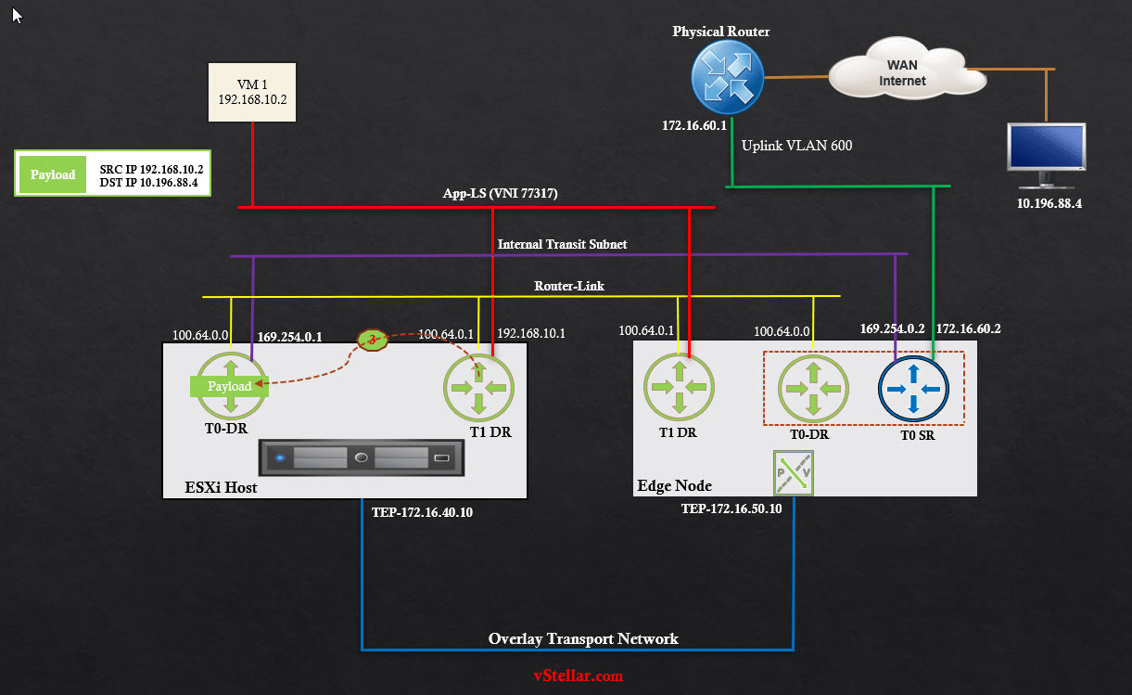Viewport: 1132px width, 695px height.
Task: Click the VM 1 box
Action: click(252, 92)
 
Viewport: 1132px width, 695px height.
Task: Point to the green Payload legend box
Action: click(53, 174)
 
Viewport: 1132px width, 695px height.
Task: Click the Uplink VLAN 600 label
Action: click(796, 145)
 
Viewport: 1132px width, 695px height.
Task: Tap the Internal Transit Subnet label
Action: click(562, 244)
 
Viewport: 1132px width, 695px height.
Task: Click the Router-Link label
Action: click(568, 286)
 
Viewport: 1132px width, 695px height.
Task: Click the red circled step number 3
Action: click(374, 341)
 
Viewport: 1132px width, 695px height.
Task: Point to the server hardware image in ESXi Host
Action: click(362, 458)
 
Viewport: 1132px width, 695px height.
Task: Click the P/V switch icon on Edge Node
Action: click(793, 473)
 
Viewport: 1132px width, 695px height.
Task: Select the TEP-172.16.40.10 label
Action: click(422, 511)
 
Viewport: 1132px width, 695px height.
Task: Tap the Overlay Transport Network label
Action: click(583, 638)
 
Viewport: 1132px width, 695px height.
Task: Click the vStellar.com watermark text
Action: click(578, 676)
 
